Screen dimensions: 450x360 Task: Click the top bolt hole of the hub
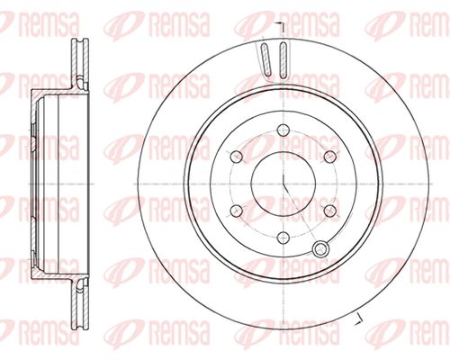tap(283, 130)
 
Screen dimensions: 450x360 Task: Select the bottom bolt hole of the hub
tap(283, 238)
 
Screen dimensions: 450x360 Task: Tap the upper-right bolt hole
tap(330, 157)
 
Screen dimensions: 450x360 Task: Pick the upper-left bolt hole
tap(236, 157)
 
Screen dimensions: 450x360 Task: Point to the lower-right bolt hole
tap(330, 211)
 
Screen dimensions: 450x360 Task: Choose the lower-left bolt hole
tap(236, 211)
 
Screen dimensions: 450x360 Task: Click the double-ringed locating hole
tap(320, 248)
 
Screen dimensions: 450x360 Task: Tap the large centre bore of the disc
tap(283, 183)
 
